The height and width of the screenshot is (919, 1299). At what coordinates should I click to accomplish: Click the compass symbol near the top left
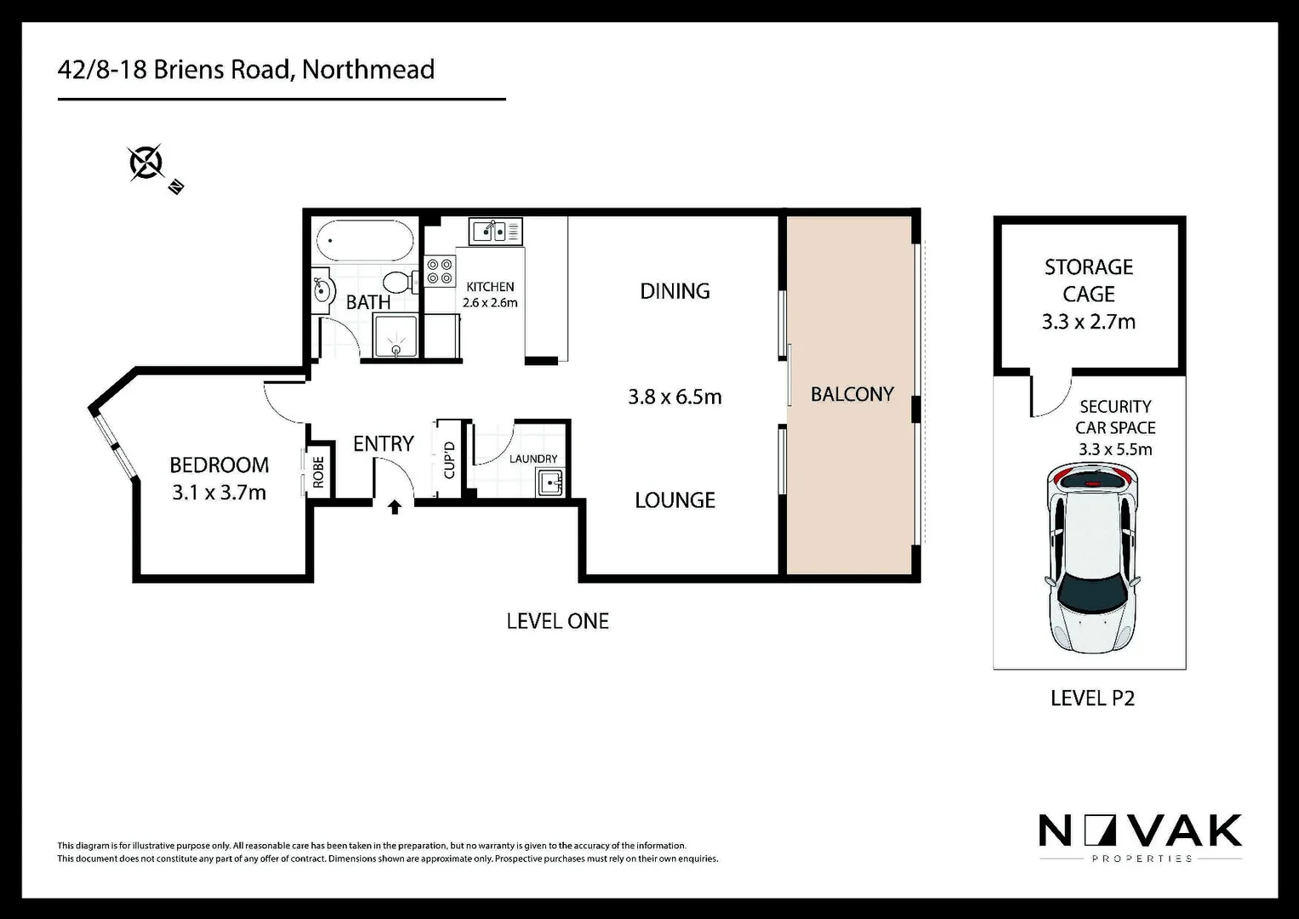pyautogui.click(x=146, y=163)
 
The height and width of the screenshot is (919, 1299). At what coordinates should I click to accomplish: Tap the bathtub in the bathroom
pyautogui.click(x=364, y=241)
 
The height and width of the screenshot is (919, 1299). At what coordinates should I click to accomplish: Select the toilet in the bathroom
pyautogui.click(x=397, y=281)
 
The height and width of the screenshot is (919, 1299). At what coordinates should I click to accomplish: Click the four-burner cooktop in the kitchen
pyautogui.click(x=440, y=271)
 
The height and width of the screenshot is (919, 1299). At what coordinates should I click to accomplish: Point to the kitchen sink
pyautogui.click(x=494, y=230)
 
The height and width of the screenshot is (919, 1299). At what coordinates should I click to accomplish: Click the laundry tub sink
pyautogui.click(x=551, y=483)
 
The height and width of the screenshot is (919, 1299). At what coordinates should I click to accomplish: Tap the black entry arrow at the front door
pyautogui.click(x=395, y=508)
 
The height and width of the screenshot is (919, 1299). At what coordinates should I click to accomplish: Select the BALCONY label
pyautogui.click(x=852, y=394)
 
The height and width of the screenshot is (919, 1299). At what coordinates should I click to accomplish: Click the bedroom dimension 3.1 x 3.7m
pyautogui.click(x=219, y=492)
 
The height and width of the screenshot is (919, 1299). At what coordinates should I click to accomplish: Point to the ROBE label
pyautogui.click(x=318, y=471)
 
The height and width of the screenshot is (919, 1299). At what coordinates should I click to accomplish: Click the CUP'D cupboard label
pyautogui.click(x=449, y=459)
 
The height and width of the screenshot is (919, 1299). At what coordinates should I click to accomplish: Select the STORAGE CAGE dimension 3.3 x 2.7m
pyautogui.click(x=1088, y=322)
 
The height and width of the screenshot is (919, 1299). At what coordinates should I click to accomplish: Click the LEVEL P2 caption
pyautogui.click(x=1092, y=698)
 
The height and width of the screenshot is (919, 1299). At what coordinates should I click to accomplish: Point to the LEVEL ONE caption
pyautogui.click(x=557, y=621)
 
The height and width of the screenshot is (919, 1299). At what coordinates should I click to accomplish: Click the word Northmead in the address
pyautogui.click(x=367, y=69)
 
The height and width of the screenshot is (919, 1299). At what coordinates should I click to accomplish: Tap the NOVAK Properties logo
pyautogui.click(x=1140, y=836)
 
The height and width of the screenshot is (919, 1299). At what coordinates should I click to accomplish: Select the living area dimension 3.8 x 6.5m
pyautogui.click(x=675, y=397)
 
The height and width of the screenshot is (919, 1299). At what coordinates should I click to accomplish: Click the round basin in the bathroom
pyautogui.click(x=322, y=290)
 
